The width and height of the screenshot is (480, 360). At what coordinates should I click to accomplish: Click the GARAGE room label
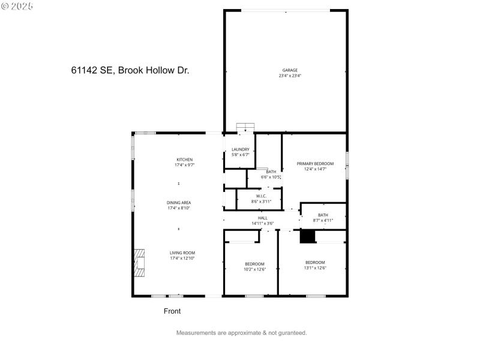(290, 70)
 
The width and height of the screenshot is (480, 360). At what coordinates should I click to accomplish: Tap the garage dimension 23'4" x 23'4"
(290, 76)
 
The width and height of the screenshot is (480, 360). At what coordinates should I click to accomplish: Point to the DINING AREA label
(179, 202)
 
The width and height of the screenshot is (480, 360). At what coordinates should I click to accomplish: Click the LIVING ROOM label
(182, 253)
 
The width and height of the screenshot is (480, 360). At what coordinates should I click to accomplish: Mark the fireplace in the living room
(139, 263)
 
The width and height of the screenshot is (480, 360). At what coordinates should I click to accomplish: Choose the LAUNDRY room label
(240, 149)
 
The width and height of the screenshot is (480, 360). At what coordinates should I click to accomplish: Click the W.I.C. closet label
(261, 196)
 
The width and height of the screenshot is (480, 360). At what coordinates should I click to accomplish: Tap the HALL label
(262, 218)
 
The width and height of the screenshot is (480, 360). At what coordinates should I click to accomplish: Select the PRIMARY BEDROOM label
(315, 163)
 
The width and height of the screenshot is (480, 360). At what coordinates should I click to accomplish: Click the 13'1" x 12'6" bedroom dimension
(315, 268)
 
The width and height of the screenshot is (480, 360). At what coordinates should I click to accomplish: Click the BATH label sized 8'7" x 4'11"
(323, 215)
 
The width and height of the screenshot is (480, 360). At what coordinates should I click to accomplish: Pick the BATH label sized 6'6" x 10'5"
(271, 172)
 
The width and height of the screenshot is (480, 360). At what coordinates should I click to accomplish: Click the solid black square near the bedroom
(308, 237)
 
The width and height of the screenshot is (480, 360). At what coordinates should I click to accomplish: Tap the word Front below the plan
(172, 311)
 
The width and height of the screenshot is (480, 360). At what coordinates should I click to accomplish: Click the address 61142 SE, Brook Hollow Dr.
(130, 70)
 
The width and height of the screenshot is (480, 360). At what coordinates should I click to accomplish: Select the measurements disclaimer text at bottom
(241, 332)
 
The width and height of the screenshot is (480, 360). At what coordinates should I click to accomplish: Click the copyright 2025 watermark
(17, 5)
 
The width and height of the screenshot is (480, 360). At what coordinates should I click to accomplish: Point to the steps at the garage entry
(245, 127)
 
